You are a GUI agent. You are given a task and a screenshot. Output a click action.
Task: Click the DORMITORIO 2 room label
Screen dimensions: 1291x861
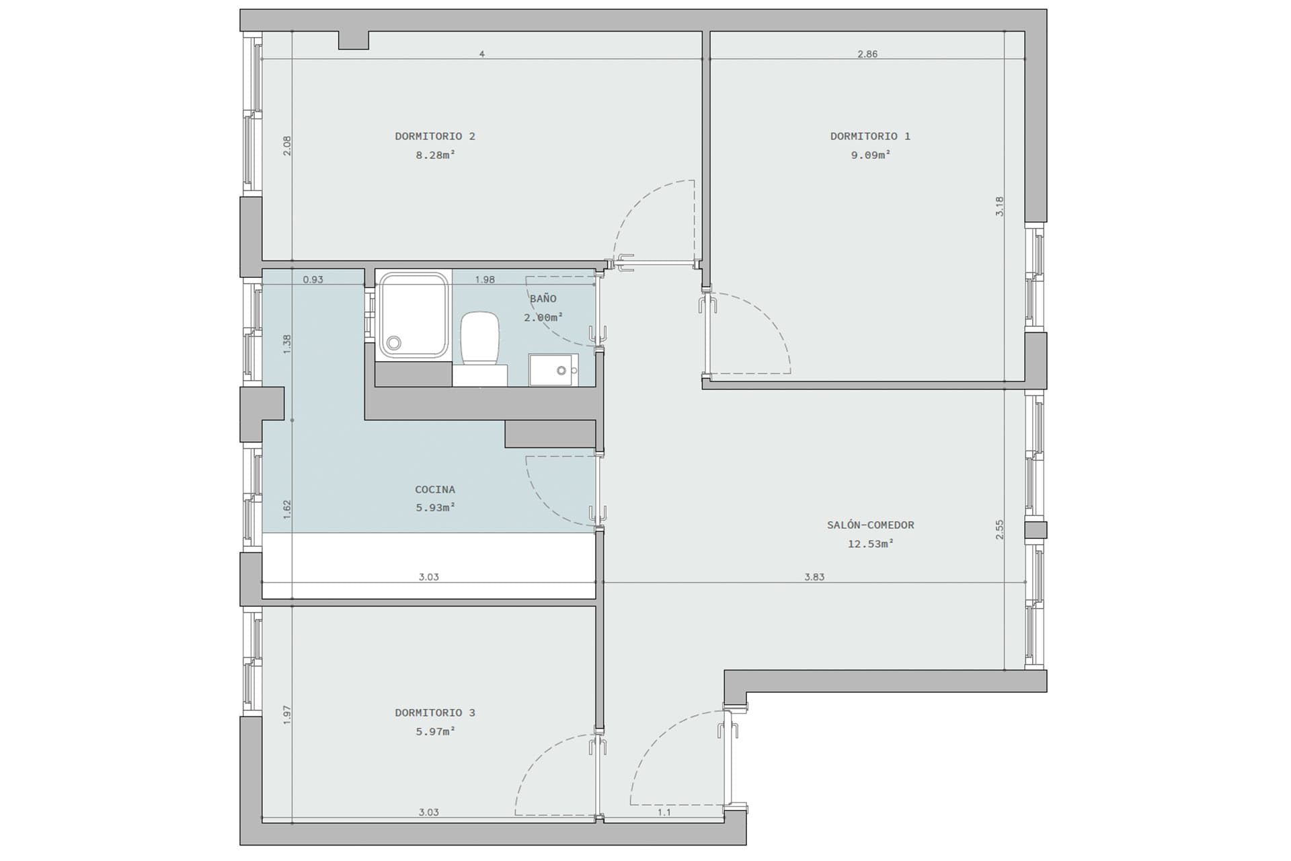[435, 137]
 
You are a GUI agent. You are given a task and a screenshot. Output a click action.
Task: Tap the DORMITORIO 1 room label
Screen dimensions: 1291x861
[870, 137]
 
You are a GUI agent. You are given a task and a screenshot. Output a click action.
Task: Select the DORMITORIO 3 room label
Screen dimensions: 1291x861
[435, 713]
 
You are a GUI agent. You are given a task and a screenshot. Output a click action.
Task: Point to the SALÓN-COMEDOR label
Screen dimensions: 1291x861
[870, 525]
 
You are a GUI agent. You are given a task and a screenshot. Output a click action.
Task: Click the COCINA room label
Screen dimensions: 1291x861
[435, 490]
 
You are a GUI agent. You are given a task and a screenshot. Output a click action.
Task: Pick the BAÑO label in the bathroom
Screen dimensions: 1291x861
[543, 299]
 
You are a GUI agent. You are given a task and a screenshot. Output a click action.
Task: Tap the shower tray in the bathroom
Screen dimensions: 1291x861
[414, 315]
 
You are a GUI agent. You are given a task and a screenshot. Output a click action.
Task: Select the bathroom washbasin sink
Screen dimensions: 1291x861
[553, 370]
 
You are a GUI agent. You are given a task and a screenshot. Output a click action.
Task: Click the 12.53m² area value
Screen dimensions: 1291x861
[870, 544]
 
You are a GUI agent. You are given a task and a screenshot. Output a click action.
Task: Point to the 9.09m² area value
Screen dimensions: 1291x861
[871, 155]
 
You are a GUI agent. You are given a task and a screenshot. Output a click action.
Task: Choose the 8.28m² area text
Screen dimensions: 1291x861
[435, 155]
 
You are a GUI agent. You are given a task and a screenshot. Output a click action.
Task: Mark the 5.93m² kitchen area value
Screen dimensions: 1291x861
[435, 508]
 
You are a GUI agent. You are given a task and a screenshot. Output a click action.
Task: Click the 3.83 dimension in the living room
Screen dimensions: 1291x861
[814, 577]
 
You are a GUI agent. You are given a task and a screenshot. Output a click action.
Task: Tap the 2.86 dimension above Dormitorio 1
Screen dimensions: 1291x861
[867, 54]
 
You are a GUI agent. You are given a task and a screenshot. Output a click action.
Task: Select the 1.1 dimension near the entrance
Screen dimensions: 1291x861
[664, 813]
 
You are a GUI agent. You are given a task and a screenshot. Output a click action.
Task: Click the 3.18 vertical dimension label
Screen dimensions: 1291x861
[999, 206]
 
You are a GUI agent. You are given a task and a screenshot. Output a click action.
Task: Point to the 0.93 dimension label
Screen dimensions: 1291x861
[313, 280]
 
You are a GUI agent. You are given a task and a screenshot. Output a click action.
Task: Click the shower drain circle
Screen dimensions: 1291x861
[394, 344]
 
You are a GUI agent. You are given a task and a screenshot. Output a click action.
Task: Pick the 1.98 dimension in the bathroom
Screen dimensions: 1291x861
[485, 280]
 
